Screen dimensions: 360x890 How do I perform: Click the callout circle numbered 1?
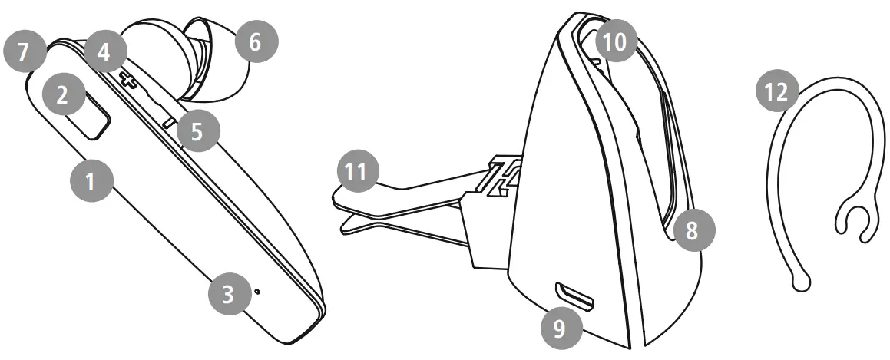tap(91, 182)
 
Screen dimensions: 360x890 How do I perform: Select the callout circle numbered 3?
tap(229, 295)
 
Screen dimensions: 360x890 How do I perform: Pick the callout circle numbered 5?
tap(197, 131)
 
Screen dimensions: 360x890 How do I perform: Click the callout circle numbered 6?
tap(256, 43)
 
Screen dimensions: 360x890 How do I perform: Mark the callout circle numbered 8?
tap(692, 230)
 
